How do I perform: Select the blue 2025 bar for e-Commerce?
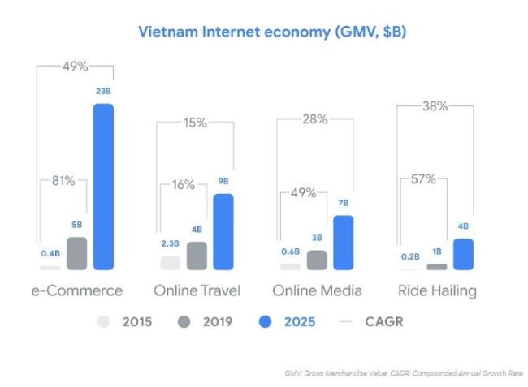click(x=103, y=187)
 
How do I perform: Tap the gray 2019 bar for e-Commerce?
click(x=76, y=253)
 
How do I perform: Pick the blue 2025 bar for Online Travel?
click(x=223, y=231)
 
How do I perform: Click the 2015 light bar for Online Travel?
click(x=170, y=262)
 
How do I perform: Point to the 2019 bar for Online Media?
click(x=317, y=260)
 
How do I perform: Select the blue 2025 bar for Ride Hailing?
click(x=463, y=253)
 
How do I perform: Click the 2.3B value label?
click(x=169, y=244)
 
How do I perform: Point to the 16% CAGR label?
click(x=183, y=185)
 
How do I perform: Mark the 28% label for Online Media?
click(x=315, y=119)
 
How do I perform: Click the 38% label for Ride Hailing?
click(x=436, y=105)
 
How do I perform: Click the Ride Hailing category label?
click(x=437, y=290)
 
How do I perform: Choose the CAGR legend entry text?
click(x=384, y=322)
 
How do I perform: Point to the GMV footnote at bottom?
click(x=404, y=372)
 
